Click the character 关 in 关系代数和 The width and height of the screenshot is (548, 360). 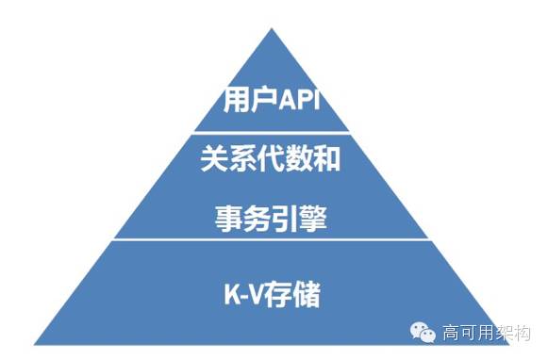[214, 158]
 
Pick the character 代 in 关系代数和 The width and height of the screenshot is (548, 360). [270, 158]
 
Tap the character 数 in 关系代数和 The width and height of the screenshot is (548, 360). [298, 158]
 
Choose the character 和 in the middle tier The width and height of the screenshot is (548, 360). [326, 158]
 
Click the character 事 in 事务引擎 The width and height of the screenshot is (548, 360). [228, 219]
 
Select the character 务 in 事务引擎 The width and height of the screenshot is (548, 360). [257, 219]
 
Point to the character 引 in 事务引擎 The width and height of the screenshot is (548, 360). [285, 219]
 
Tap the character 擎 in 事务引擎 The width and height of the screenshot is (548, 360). [313, 219]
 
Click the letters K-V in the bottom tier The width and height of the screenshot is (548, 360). [243, 294]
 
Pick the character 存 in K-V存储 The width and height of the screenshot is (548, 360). [277, 294]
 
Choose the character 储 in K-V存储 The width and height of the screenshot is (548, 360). [307, 294]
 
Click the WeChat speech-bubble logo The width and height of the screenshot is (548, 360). [423, 332]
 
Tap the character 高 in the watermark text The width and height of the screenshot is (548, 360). [451, 333]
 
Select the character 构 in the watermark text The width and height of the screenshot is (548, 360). [523, 333]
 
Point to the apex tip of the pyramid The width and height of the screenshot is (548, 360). [272, 28]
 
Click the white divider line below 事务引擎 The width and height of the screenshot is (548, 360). [272, 239]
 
